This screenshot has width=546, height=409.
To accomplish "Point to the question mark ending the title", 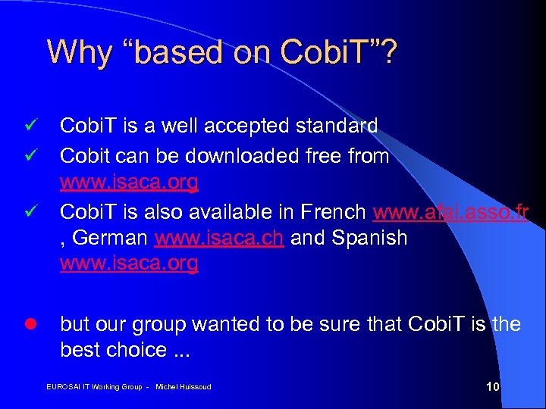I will pos(389,52).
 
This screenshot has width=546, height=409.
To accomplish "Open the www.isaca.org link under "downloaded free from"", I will pos(129,183).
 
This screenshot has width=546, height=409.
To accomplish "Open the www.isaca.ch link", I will pos(219,237).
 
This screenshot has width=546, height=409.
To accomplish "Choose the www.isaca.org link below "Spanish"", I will pos(129,264).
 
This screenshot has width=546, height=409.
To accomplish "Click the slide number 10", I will pos(492,387).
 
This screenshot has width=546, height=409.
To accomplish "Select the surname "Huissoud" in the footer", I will pos(194,388).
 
